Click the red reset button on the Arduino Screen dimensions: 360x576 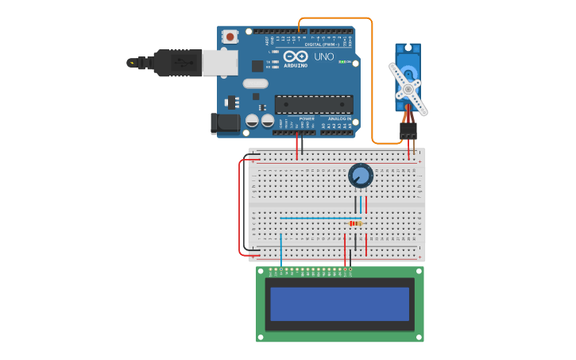pos(230,37)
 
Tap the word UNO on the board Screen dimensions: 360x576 pos(324,57)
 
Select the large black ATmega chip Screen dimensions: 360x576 pos(314,104)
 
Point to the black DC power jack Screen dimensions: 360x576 pos(225,122)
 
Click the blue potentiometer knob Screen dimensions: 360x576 pos(361,176)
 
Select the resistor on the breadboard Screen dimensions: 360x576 pos(356,223)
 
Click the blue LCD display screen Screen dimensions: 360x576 pos(339,304)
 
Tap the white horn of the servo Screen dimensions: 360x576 pos(408,87)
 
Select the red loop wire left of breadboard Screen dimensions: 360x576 pos(240,207)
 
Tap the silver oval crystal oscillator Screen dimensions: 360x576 pos(255,83)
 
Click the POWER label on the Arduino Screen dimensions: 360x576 pos(307,118)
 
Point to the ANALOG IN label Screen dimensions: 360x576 pos(340,118)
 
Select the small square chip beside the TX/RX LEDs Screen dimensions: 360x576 pos(257,67)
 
